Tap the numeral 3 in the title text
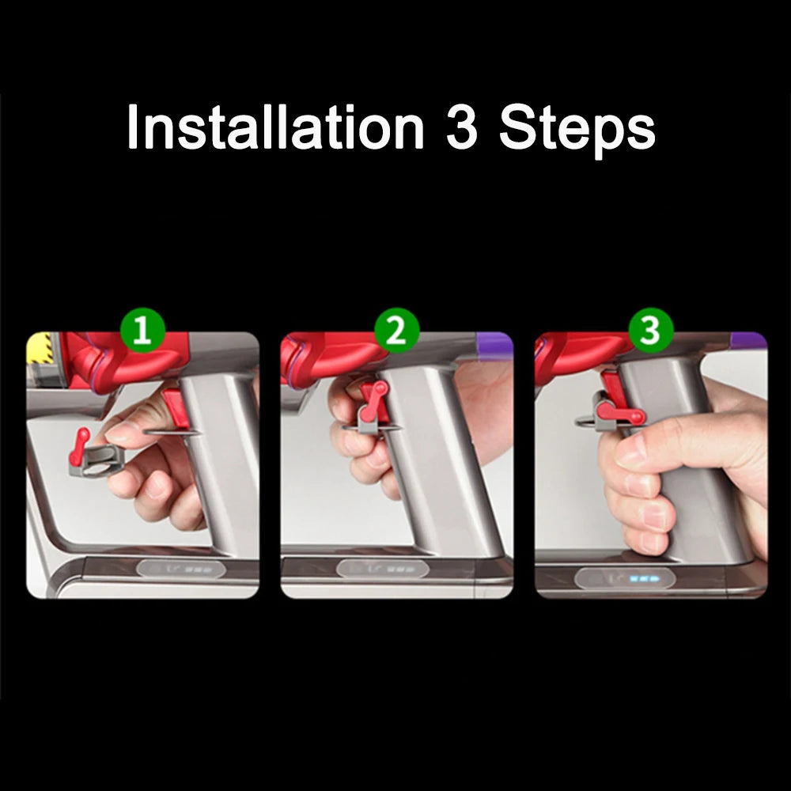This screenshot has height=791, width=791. point(461,128)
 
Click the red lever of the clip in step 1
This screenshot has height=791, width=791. point(79,445)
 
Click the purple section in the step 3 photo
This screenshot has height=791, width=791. point(747,342)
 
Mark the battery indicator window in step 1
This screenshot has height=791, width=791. point(176,569)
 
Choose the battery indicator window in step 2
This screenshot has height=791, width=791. point(383,569)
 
